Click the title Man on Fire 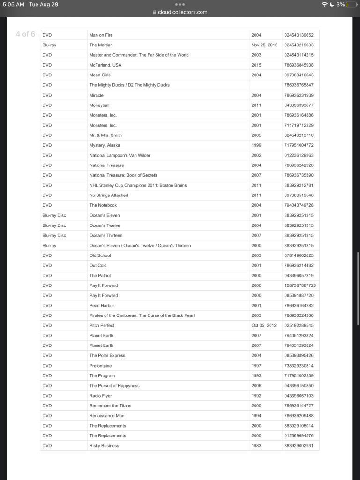[101, 35]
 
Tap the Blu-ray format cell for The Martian [49, 45]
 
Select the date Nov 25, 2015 [264, 45]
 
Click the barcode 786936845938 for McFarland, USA [299, 65]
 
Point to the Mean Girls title [100, 75]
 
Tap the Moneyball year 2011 [256, 105]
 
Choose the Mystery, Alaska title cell [105, 145]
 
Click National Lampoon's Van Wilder [120, 155]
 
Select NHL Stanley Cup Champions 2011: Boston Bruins [138, 185]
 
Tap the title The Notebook [103, 205]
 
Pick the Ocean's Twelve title [105, 225]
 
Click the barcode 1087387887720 [300, 285]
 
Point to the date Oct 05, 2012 [264, 325]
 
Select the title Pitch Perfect [102, 325]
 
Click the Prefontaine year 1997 [256, 366]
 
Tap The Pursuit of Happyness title [114, 386]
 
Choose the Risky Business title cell [104, 446]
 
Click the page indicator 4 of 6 [25, 34]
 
